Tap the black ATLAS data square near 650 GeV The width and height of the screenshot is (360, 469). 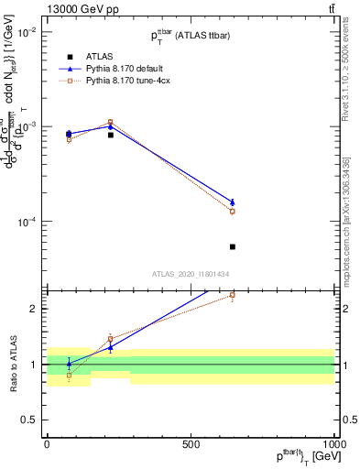tap(233, 246)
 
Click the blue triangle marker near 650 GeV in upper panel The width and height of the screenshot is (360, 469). tap(233, 202)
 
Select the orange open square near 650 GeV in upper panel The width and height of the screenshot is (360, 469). tap(233, 212)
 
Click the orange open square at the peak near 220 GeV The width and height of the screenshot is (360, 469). tap(110, 122)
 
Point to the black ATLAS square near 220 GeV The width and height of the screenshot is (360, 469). tap(110, 135)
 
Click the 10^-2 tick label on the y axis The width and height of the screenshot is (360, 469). tap(27, 32)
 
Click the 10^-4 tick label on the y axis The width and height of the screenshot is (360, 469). tap(27, 223)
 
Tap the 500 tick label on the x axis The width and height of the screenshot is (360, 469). tap(191, 443)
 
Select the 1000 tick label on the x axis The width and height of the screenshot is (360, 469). tap(333, 443)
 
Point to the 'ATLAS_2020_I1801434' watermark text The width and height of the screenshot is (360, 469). tap(191, 274)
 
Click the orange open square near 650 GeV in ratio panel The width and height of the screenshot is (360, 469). tap(233, 295)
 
